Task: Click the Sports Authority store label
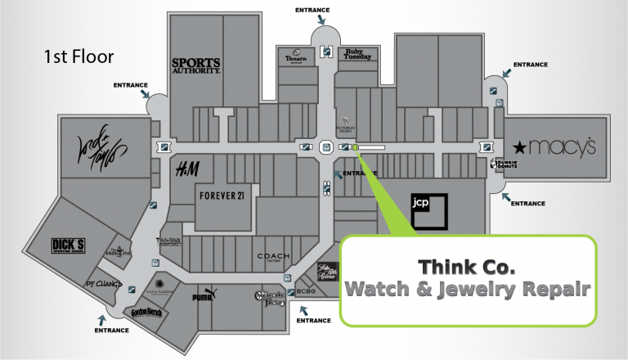(x=196, y=65)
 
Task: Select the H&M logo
(x=188, y=169)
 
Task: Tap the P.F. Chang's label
(x=104, y=284)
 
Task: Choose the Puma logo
(x=203, y=297)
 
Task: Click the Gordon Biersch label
(x=146, y=313)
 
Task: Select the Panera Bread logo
(x=295, y=59)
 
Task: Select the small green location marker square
(x=356, y=147)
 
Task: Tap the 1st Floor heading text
(x=78, y=57)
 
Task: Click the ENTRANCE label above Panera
(x=313, y=10)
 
